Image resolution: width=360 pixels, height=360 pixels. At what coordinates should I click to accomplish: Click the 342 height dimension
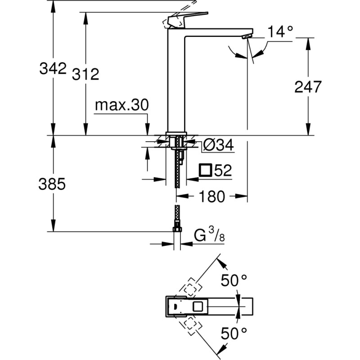[x=53, y=69]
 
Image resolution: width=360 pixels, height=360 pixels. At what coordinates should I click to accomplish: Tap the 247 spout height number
[x=308, y=87]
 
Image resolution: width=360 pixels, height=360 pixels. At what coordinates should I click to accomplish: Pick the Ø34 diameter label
[x=217, y=145]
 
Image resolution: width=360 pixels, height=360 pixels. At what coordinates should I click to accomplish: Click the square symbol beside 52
[x=205, y=170]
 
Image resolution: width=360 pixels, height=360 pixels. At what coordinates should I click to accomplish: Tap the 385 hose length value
[x=53, y=184]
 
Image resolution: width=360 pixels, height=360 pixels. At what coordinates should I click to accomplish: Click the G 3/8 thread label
[x=209, y=236]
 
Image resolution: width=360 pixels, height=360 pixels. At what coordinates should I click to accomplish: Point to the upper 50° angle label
[x=234, y=280]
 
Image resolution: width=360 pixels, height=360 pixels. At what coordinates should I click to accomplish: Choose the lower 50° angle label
[x=234, y=333]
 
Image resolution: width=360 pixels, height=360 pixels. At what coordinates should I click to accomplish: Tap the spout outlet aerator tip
[x=247, y=36]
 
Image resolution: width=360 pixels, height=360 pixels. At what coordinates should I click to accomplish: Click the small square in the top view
[x=197, y=307]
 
